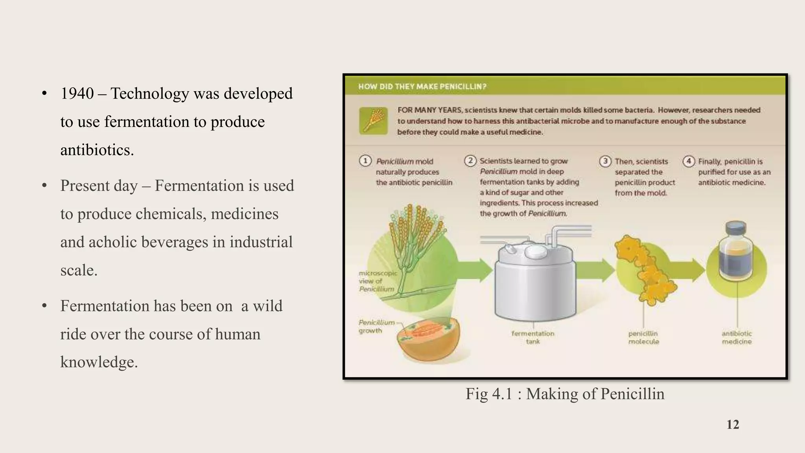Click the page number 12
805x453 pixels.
733,425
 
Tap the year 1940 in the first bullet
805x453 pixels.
77,94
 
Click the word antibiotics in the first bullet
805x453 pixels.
97,150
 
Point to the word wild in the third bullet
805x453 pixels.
267,306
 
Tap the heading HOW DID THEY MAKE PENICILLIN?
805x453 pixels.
422,87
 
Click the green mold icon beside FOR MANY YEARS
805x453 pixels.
373,121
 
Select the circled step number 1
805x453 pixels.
365,161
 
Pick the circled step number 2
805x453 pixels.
470,161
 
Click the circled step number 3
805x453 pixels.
605,161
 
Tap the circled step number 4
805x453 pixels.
689,161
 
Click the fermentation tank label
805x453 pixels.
533,337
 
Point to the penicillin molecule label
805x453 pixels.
643,337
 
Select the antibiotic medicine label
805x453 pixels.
737,337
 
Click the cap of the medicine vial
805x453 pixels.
736,229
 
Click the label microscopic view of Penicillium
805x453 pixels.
377,281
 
